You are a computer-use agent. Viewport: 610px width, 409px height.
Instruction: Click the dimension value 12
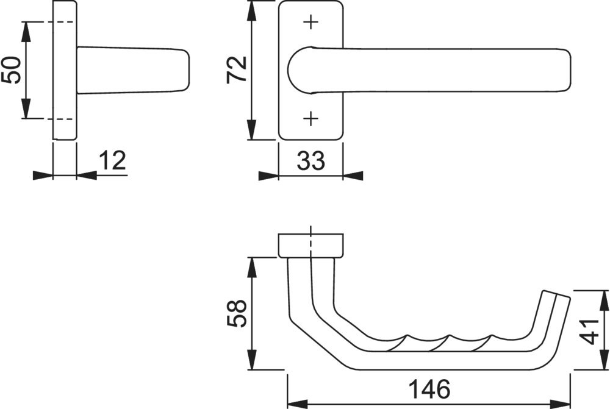click(x=112, y=160)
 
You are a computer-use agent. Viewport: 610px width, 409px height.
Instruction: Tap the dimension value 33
click(x=310, y=162)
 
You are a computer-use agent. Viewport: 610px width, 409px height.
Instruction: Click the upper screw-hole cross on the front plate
click(x=311, y=23)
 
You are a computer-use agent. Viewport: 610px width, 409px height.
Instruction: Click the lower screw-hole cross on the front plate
click(x=311, y=118)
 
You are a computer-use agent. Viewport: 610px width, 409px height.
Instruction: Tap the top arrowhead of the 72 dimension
click(x=251, y=10)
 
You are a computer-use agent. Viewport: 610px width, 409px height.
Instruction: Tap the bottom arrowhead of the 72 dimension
click(x=251, y=130)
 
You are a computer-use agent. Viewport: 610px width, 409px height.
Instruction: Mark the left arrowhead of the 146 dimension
click(x=296, y=402)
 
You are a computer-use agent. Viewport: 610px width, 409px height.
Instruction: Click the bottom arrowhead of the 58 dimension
click(x=251, y=361)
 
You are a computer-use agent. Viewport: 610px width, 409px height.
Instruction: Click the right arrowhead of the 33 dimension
click(x=352, y=176)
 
